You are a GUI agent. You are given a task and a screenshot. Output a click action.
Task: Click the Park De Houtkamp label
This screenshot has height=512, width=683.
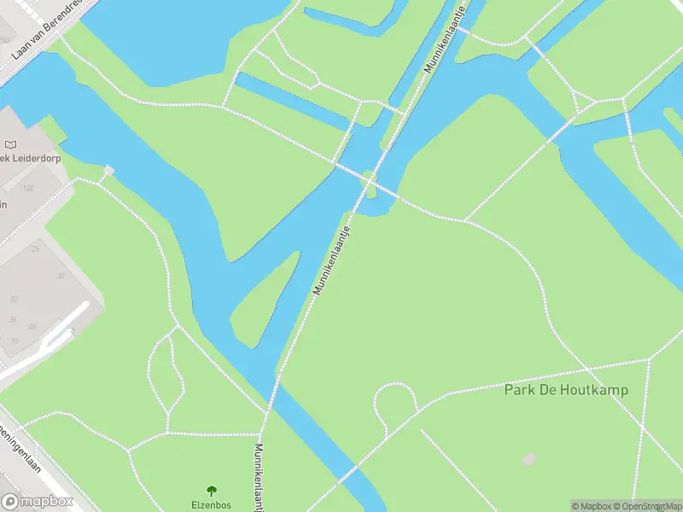click(566, 390)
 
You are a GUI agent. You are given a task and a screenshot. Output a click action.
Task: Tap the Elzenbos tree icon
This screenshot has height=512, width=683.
click(212, 491)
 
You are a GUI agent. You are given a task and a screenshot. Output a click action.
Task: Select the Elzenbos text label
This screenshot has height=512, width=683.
click(212, 504)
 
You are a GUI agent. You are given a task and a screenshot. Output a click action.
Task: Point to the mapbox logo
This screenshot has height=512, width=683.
click(38, 502)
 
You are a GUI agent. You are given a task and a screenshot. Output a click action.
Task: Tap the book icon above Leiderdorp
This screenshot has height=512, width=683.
click(11, 146)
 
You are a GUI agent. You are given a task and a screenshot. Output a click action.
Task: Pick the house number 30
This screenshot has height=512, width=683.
click(61, 276)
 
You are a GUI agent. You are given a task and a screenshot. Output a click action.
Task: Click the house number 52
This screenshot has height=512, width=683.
click(13, 299)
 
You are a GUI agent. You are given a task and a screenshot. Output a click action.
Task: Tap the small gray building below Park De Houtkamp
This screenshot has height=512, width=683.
click(530, 459)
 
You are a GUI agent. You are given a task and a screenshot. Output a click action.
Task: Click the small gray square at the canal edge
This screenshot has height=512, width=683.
click(108, 172)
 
